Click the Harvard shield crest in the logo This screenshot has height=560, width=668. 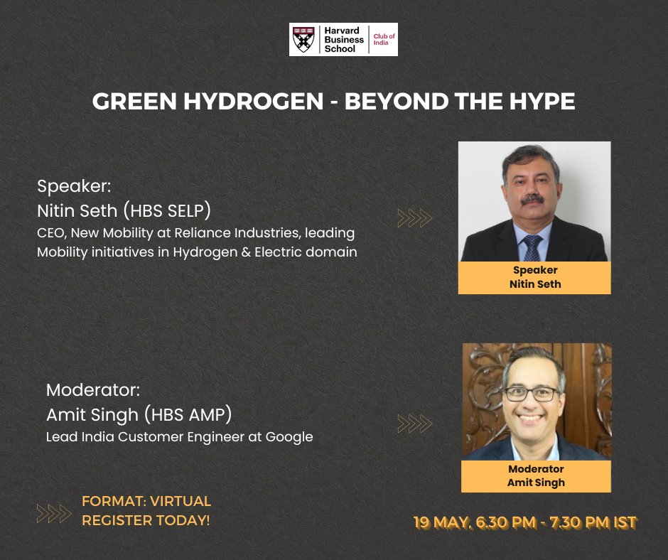tap(303, 39)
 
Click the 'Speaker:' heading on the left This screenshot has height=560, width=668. tap(75, 187)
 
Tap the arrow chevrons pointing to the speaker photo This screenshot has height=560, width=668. tap(415, 218)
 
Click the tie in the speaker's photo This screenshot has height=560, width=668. tap(532, 248)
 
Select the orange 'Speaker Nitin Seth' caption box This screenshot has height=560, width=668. tap(534, 277)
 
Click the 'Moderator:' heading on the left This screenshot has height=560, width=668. tap(92, 390)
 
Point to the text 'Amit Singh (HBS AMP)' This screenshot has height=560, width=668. tap(139, 414)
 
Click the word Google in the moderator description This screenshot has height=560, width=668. tap(289, 436)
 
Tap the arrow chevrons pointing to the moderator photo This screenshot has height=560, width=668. tap(415, 424)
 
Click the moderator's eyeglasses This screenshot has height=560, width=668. tap(533, 393)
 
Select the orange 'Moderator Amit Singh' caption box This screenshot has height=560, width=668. tap(536, 476)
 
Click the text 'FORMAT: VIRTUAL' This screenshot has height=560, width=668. tap(146, 502)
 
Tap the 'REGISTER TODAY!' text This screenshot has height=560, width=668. tap(146, 520)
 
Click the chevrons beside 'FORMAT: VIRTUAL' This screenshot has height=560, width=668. tap(54, 512)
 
